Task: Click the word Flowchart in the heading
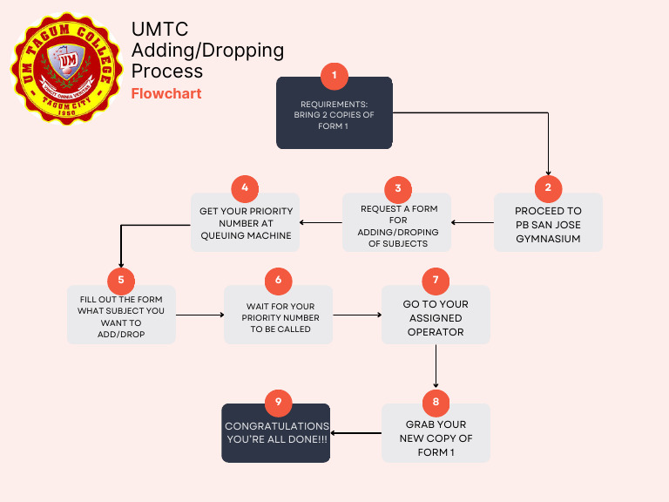click(166, 93)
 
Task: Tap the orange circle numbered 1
click(334, 76)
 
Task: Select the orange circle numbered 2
click(548, 187)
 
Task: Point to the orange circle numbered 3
click(397, 188)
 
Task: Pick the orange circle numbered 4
click(245, 188)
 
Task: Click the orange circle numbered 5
click(121, 280)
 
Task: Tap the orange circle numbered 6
click(278, 280)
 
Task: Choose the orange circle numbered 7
click(436, 280)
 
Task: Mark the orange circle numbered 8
click(436, 402)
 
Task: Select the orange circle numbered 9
click(278, 402)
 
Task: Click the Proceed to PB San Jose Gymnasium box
click(548, 224)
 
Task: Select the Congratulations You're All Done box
click(276, 434)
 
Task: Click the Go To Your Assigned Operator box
click(436, 317)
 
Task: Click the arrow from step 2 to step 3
click(472, 223)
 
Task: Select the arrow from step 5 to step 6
click(199, 315)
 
